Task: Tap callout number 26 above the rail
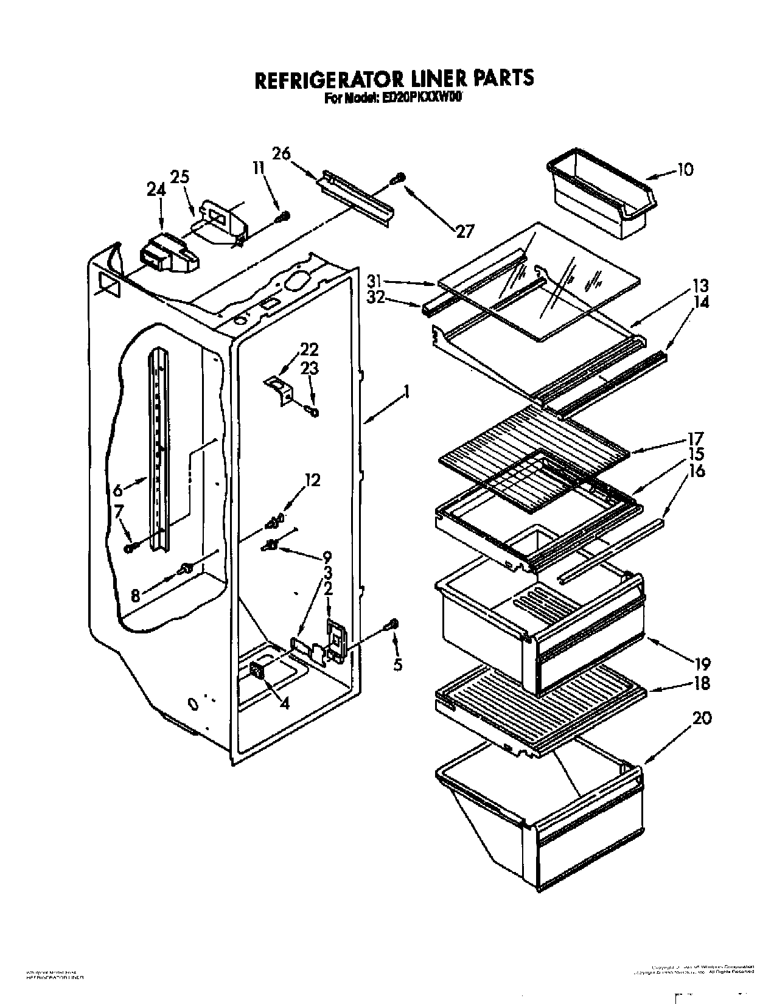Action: click(281, 153)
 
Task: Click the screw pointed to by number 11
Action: click(283, 216)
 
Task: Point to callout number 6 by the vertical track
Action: click(119, 489)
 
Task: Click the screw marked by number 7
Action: click(130, 548)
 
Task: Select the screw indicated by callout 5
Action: click(393, 624)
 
